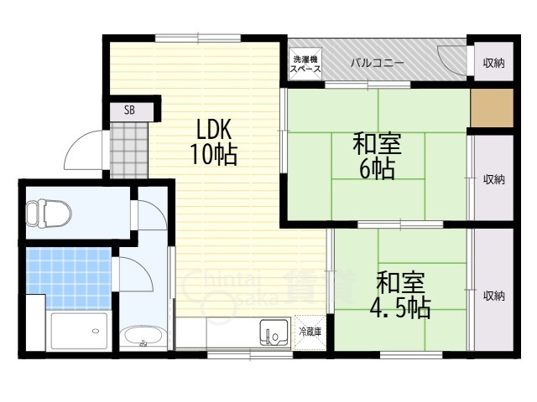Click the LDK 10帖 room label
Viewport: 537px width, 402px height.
point(214,142)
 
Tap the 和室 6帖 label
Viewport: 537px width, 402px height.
point(377,157)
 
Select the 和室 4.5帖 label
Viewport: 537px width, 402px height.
point(400,295)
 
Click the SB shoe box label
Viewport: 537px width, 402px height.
point(129,110)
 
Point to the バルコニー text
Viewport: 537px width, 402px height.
point(377,64)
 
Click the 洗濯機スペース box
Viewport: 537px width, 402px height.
point(305,64)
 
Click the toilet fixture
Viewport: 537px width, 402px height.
point(49,214)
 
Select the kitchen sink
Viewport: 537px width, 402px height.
point(274,333)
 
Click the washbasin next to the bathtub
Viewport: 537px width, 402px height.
point(143,337)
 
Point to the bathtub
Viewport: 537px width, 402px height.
point(79,332)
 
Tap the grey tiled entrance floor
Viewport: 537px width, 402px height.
point(129,150)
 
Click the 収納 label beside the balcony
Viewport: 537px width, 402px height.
point(494,63)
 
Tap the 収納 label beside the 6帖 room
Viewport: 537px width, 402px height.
point(494,179)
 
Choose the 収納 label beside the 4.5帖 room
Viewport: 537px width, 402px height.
point(494,296)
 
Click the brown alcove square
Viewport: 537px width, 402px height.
point(492,108)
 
